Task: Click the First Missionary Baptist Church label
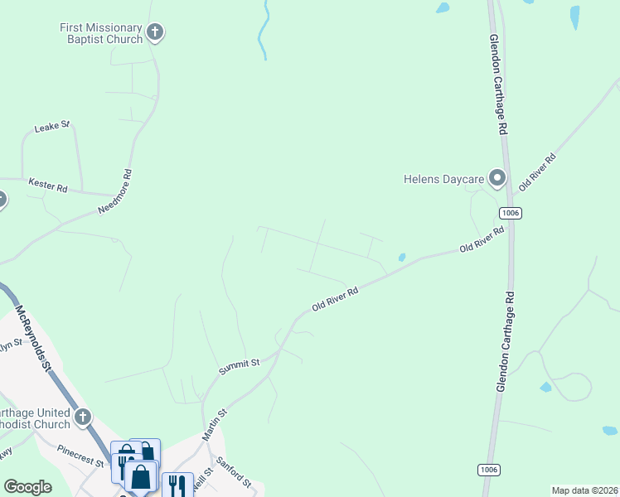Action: (101, 33)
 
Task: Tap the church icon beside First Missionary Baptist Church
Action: (154, 33)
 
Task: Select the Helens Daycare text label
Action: (443, 178)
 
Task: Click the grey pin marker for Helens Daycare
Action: (496, 177)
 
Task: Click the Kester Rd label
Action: (47, 185)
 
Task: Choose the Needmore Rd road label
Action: (115, 192)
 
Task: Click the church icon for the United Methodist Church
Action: (83, 417)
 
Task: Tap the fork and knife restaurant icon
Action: (177, 485)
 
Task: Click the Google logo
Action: (28, 487)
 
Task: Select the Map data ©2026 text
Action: (584, 490)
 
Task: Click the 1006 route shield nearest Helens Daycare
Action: (511, 213)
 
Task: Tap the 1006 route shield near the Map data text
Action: (488, 470)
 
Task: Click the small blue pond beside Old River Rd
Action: (402, 257)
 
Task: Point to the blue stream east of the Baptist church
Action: (264, 33)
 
